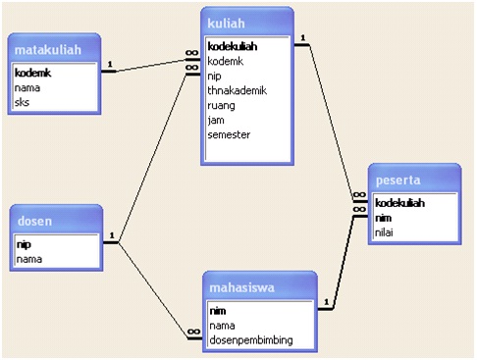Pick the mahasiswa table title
(x=240, y=287)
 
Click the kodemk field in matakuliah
(x=33, y=73)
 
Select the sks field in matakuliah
(x=24, y=101)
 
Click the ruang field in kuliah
(x=222, y=105)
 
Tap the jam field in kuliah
(x=217, y=120)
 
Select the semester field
(x=228, y=134)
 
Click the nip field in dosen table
(x=24, y=244)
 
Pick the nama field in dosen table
(x=29, y=259)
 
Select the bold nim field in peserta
(x=385, y=218)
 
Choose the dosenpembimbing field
(x=249, y=340)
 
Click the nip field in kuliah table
(x=215, y=76)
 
